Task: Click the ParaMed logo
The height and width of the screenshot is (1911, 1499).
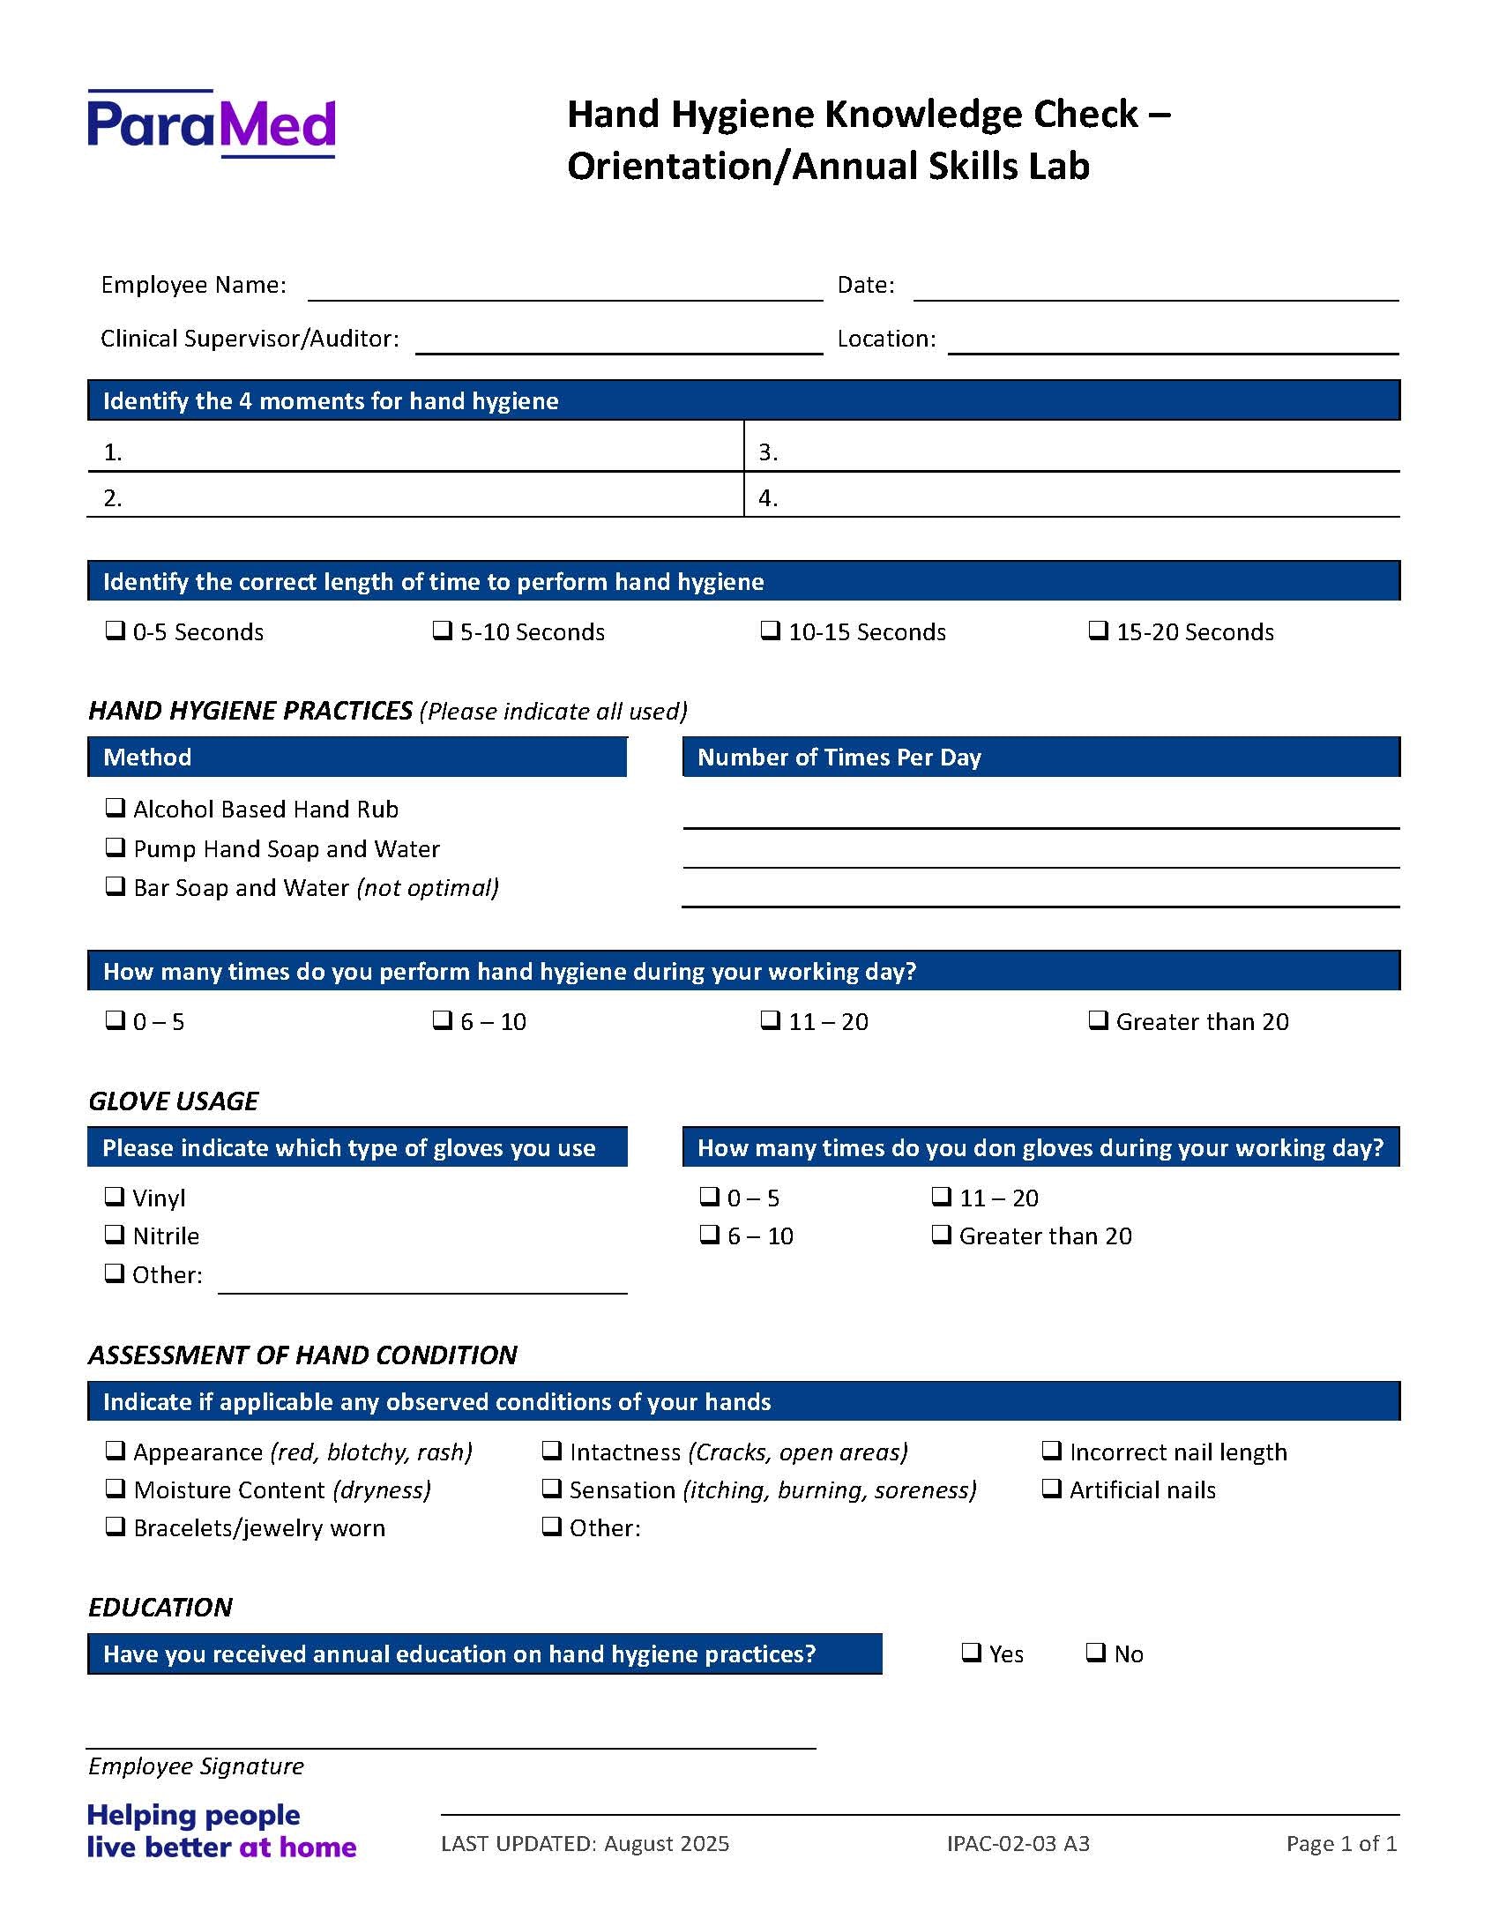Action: click(212, 124)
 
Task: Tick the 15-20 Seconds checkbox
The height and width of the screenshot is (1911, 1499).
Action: click(1098, 631)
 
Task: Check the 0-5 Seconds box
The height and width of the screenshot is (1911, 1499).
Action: click(115, 631)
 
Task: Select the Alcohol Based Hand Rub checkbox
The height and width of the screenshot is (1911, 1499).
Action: click(115, 808)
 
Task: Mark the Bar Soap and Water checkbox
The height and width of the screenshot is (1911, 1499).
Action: click(115, 886)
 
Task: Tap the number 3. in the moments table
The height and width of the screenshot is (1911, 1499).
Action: click(768, 452)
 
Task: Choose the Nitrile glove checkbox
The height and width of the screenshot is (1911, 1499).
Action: click(115, 1235)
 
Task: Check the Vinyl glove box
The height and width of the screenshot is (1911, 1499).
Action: click(115, 1197)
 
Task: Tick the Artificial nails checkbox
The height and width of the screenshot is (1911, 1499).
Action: click(1051, 1489)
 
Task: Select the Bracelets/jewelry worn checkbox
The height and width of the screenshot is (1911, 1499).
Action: click(115, 1527)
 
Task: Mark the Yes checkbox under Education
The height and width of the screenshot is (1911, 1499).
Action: click(971, 1653)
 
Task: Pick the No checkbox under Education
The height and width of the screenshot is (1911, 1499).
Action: click(1095, 1653)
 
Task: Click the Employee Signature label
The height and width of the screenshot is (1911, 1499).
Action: click(196, 1766)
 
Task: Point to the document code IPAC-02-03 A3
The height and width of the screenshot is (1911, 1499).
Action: click(1018, 1844)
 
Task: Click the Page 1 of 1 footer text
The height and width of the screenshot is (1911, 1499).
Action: click(1341, 1844)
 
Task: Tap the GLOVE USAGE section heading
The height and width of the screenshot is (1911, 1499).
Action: click(174, 1101)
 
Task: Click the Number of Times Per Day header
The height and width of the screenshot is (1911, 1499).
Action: click(839, 758)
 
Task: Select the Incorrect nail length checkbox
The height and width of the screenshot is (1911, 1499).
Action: click(1051, 1451)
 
